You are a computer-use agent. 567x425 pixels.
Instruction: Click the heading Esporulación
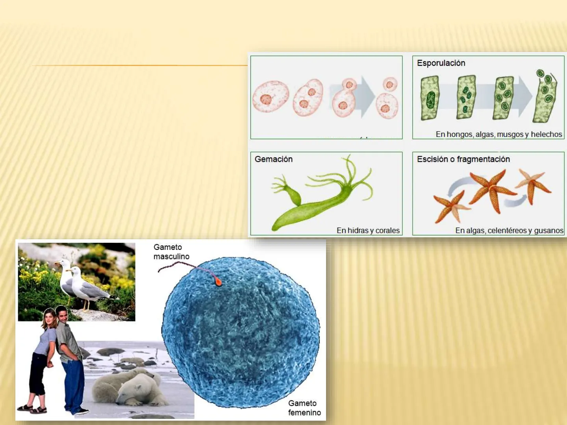click(441, 63)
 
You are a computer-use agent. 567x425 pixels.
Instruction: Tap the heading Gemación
click(274, 159)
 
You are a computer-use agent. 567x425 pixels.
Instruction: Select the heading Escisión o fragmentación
click(463, 159)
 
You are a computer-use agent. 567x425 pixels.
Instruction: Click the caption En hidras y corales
click(368, 231)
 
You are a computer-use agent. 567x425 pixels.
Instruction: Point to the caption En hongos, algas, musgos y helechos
click(499, 134)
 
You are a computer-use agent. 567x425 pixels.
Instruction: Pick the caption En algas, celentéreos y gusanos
click(509, 231)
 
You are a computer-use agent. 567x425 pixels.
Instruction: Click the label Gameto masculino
click(171, 252)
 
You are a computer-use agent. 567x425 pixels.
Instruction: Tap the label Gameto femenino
click(304, 408)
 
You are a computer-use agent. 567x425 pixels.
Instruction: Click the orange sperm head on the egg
click(219, 282)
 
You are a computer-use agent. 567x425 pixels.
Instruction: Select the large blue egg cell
click(241, 333)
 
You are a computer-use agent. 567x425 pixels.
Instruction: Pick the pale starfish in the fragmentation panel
click(533, 186)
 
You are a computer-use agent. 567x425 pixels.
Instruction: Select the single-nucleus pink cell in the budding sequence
click(271, 96)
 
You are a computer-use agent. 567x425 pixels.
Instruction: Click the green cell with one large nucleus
click(430, 98)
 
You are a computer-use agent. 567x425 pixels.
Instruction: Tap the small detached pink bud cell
click(390, 84)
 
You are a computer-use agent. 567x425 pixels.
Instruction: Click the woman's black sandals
click(32, 409)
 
